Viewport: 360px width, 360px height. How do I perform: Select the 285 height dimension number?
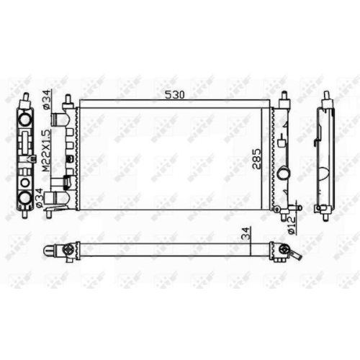(x=257, y=158)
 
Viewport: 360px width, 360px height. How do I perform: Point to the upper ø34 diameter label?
(x=45, y=99)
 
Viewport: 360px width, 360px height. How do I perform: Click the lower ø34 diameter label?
(x=45, y=198)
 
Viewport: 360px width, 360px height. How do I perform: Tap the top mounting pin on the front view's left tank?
(x=67, y=97)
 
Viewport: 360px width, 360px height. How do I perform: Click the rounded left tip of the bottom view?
(x=47, y=251)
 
